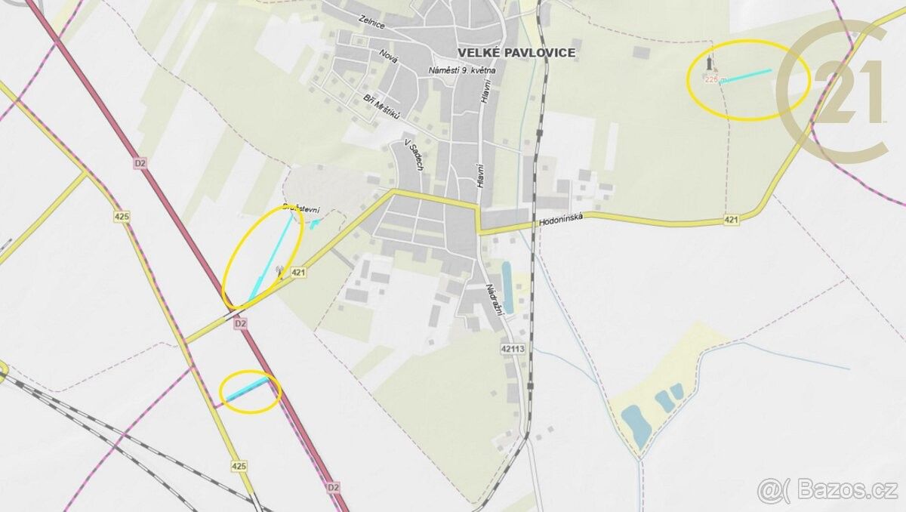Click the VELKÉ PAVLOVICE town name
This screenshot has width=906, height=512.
point(516,52)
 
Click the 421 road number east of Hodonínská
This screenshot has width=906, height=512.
point(730,219)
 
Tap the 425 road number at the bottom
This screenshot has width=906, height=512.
point(240,466)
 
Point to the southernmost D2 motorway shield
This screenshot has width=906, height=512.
point(334,488)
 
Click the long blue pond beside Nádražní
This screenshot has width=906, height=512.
point(507,287)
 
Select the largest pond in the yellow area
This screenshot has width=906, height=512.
point(634,424)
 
